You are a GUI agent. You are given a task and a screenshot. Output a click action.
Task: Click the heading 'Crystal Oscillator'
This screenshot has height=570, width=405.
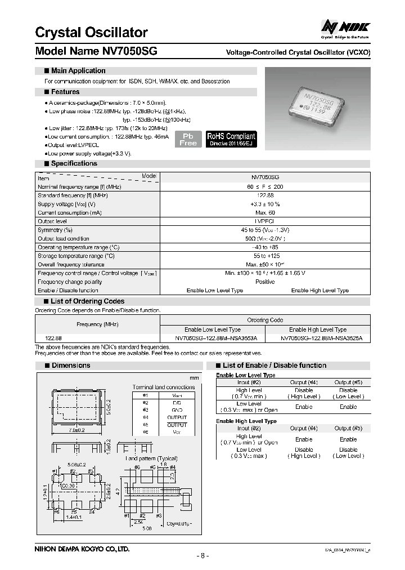(91, 32)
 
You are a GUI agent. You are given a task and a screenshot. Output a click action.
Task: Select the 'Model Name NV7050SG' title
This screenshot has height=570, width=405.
(96, 51)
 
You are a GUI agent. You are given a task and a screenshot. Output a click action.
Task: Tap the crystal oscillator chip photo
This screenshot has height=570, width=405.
(317, 102)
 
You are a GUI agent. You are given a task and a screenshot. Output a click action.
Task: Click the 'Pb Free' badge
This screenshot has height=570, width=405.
(188, 139)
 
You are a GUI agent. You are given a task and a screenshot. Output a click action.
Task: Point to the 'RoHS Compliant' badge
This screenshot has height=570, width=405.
(231, 139)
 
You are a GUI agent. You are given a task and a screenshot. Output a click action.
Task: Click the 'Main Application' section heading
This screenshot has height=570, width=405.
(78, 71)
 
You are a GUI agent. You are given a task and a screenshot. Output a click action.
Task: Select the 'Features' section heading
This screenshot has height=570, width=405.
(65, 92)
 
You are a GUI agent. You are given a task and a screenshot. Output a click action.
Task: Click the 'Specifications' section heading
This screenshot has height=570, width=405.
(74, 163)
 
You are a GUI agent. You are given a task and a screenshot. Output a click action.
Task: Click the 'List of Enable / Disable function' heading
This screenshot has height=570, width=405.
(274, 366)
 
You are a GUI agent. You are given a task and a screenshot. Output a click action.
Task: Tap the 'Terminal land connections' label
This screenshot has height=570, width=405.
(164, 387)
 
